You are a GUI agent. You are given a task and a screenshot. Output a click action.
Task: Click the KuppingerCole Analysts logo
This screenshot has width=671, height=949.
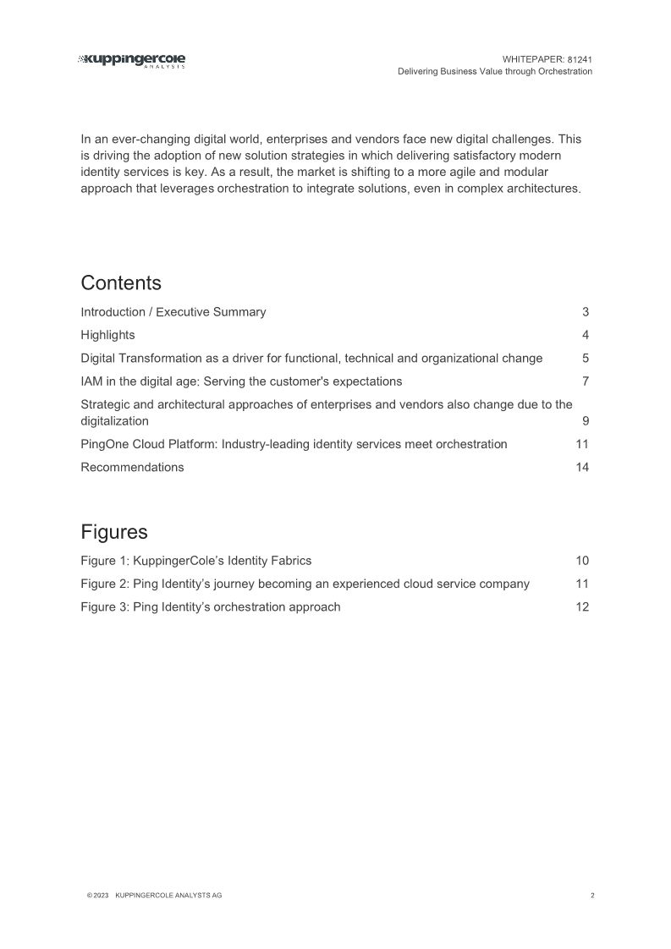tap(132, 60)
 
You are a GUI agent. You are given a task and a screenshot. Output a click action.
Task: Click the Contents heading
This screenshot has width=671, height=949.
tap(121, 282)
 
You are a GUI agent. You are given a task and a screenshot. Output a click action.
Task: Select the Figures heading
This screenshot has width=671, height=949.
tap(114, 531)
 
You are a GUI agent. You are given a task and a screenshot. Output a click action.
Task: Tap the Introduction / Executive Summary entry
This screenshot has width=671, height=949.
tap(173, 312)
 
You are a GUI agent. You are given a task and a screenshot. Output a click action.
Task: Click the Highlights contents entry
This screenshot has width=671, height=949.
tap(107, 335)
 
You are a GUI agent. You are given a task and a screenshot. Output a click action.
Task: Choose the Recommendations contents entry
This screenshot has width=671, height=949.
tap(132, 467)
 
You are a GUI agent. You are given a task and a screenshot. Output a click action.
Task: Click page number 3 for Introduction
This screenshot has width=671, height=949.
tap(586, 312)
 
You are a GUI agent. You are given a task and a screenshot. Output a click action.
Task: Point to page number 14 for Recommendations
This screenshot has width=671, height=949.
tap(582, 467)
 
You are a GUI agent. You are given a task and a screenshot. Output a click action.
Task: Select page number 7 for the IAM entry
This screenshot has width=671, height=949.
tap(586, 381)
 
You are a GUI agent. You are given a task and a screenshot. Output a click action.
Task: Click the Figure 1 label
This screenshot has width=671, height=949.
tap(105, 560)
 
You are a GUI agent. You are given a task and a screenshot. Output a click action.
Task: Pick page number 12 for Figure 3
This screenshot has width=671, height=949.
tap(582, 606)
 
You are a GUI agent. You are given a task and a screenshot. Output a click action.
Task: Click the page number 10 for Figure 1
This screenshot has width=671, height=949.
tap(582, 560)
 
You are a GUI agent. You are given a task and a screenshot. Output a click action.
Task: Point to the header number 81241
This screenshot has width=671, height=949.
tap(580, 59)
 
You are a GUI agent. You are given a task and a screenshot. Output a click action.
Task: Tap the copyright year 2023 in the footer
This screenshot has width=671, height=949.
tap(98, 895)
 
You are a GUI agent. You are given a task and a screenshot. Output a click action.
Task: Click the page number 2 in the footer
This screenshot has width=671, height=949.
tap(592, 895)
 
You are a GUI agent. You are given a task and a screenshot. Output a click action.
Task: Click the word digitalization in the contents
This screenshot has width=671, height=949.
tap(114, 420)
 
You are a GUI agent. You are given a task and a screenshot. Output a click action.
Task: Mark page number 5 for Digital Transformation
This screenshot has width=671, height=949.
tap(586, 358)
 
